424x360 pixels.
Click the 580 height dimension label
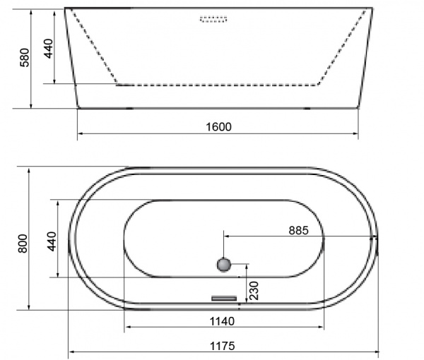25,57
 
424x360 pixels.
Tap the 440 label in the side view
49,49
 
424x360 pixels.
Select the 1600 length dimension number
218,126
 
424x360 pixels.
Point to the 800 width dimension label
23,244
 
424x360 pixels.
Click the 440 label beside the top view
52,241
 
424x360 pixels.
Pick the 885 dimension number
298,230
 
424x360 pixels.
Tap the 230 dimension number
254,291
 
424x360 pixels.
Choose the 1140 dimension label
222,321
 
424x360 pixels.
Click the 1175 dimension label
223,346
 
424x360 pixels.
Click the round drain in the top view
224,265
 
